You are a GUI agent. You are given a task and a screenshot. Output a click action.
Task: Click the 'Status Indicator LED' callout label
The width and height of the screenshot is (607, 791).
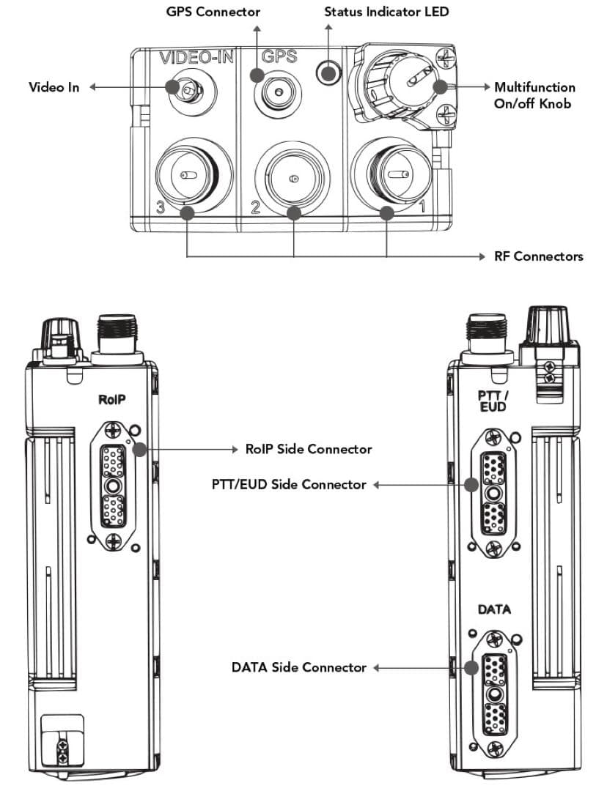[386, 12]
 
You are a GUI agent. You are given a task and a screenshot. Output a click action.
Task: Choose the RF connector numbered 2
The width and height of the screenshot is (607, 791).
[294, 177]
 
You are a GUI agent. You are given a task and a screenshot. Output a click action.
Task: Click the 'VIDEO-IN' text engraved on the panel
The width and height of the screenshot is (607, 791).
[196, 56]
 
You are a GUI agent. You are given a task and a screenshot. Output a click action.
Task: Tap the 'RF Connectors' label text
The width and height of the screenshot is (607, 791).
[539, 256]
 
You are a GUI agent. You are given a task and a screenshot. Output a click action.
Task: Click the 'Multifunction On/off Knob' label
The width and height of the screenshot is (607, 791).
[534, 95]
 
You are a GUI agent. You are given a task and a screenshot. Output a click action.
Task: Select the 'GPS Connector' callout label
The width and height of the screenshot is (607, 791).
[213, 12]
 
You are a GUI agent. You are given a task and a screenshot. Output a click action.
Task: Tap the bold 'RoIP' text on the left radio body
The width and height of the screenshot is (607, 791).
[112, 399]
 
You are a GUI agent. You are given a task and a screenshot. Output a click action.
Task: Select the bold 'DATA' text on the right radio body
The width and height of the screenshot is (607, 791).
[494, 609]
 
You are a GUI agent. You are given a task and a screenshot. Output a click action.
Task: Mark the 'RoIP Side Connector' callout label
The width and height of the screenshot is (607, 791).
[308, 449]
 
